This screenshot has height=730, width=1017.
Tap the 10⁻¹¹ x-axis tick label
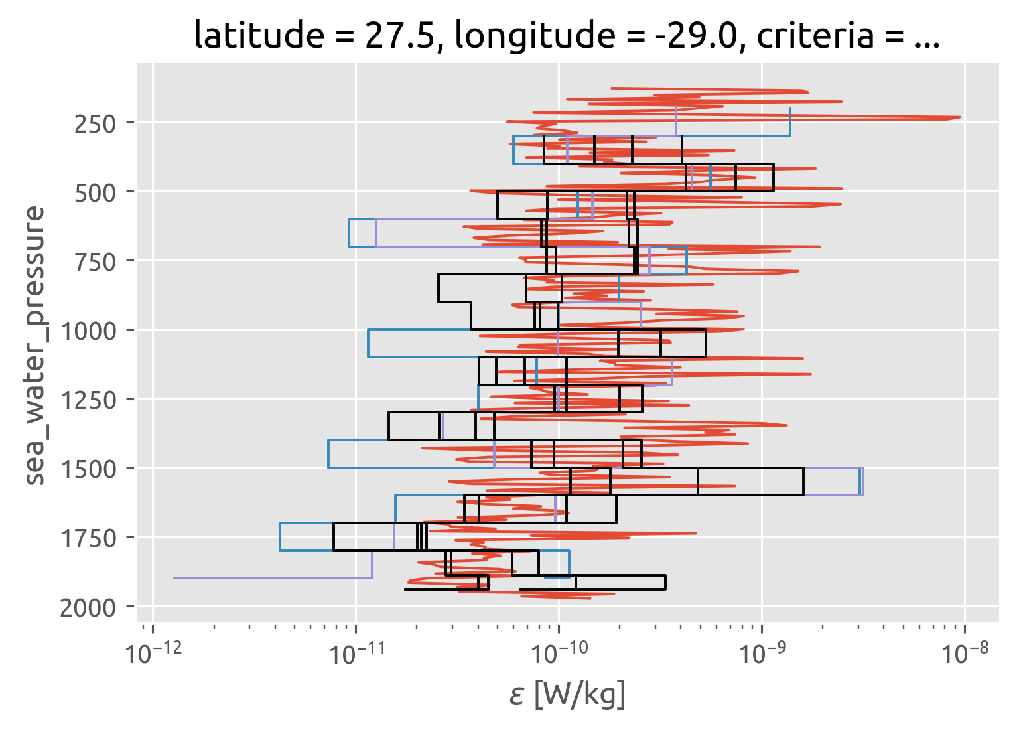(356, 654)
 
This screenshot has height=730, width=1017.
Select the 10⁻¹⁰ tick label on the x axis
(559, 654)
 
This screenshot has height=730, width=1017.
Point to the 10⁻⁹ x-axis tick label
(762, 654)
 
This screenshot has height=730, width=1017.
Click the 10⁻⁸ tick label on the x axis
(965, 654)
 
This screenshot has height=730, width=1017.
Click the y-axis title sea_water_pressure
(36, 345)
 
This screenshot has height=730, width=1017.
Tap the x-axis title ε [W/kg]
(567, 695)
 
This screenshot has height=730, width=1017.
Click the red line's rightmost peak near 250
(959, 117)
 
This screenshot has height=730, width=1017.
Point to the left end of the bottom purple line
(174, 578)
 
